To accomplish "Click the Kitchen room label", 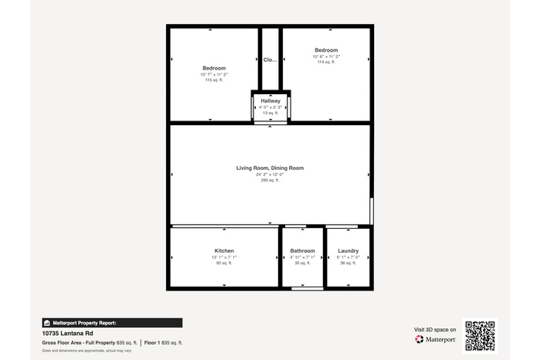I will pos(224,251).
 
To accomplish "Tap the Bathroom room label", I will pos(302,251).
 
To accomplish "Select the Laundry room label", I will pos(348,251).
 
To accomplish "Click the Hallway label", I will pos(270,101).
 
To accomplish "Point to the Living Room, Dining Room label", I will pos(270,168).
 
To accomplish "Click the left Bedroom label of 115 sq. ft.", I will pos(214,68).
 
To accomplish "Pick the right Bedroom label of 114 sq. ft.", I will pos(326,50).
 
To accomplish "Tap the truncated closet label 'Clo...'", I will pos(270,59).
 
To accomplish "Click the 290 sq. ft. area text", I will pos(270,180).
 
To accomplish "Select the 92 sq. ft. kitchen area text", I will pos(224,263).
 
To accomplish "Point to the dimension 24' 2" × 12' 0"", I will pos(270,174).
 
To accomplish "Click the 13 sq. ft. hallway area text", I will pos(270,113).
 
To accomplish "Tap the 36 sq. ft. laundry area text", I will pos(348,263).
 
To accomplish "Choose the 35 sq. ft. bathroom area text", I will pos(302,263).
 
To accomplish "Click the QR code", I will pos(479,335).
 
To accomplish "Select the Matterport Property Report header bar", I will pos(112,323).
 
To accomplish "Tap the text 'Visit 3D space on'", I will pos(435,330).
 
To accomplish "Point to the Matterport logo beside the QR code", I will pos(435,339).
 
